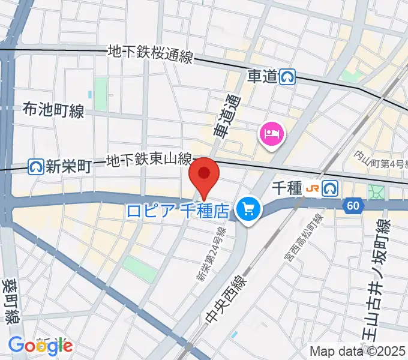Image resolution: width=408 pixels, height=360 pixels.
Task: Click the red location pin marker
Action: click(203, 175)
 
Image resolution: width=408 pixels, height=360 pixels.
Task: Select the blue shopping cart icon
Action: click(247, 209)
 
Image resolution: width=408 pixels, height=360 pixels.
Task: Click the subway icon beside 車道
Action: click(289, 76)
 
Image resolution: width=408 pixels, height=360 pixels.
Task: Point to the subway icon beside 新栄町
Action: click(37, 166)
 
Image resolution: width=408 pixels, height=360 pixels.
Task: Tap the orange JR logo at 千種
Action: click(313, 188)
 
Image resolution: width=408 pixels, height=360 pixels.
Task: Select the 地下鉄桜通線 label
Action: click(149, 55)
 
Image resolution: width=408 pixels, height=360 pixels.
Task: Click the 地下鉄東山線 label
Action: click(148, 161)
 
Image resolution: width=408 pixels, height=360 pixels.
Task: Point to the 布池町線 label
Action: click(53, 109)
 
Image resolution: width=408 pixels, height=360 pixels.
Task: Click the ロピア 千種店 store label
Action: click(178, 211)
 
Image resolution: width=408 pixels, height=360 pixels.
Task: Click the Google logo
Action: click(40, 346)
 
